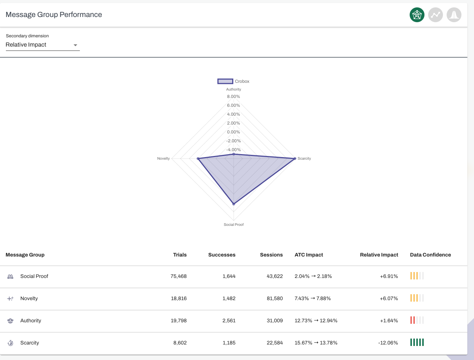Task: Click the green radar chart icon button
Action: click(x=417, y=15)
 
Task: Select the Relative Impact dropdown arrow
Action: click(x=75, y=45)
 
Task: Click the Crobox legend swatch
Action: click(x=225, y=81)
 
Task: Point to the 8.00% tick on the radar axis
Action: click(x=233, y=96)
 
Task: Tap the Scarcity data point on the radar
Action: click(x=295, y=159)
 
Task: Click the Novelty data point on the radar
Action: click(x=198, y=159)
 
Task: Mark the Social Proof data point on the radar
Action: click(x=234, y=204)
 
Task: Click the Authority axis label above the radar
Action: click(x=233, y=89)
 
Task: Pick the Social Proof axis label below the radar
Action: click(x=234, y=224)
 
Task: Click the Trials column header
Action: click(x=180, y=255)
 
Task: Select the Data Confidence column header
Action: click(x=430, y=255)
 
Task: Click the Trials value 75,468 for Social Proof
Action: click(x=179, y=276)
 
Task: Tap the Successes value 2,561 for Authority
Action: click(x=229, y=320)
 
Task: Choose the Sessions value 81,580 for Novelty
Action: click(x=275, y=298)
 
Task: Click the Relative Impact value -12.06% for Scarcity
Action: click(x=388, y=343)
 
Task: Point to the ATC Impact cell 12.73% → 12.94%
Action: click(x=316, y=320)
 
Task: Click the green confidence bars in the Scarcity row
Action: click(x=417, y=342)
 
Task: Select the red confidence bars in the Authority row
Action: click(x=413, y=320)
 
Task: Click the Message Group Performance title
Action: click(x=54, y=15)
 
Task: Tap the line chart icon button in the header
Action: click(x=435, y=15)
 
